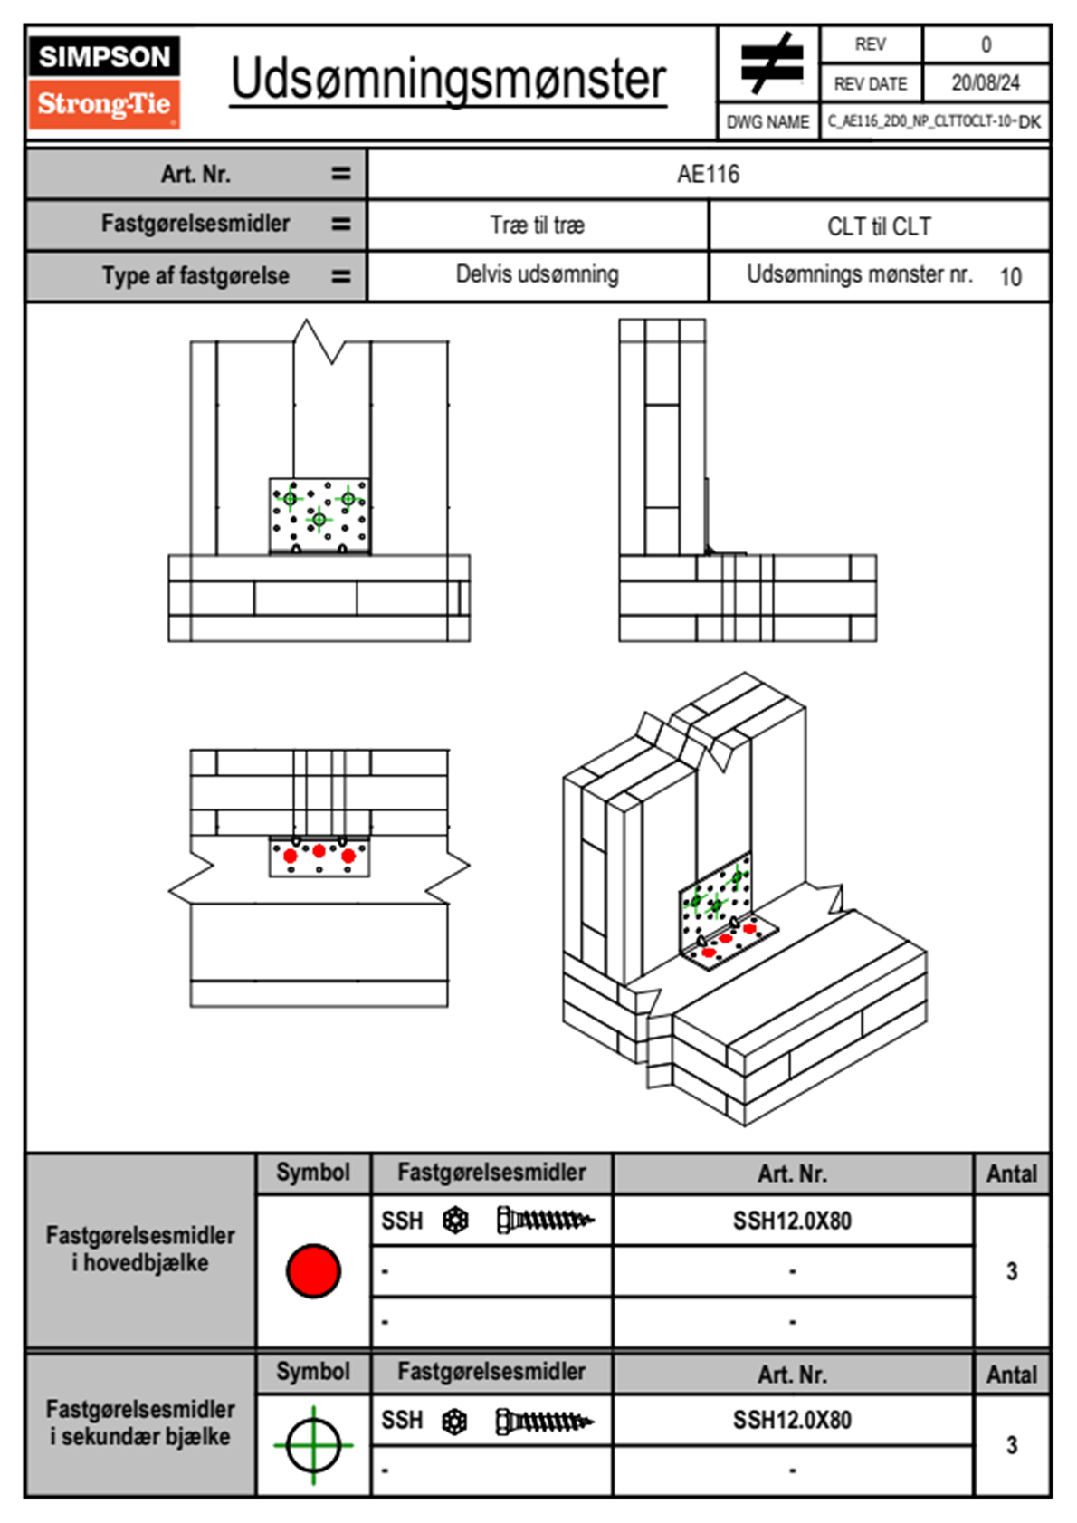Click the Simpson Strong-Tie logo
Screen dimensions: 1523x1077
(x=103, y=82)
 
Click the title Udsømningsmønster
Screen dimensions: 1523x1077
(x=448, y=80)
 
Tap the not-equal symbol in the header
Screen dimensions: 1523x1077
(x=769, y=64)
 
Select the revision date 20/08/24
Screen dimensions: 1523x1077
(x=985, y=83)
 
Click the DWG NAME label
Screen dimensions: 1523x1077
(x=767, y=122)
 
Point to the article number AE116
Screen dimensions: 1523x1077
(x=708, y=174)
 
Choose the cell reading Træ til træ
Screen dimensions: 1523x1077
(x=538, y=225)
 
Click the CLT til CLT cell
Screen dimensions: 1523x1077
(x=879, y=226)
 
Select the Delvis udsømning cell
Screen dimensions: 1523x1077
(x=538, y=274)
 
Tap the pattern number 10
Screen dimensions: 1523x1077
(x=1010, y=276)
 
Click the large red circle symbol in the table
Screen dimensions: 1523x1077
(x=313, y=1270)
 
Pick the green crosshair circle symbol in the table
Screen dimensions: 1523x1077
(x=313, y=1445)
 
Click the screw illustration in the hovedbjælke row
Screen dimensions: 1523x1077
(x=545, y=1221)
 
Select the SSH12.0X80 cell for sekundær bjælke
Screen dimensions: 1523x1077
(x=792, y=1420)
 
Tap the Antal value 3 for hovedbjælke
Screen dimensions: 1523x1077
(x=1012, y=1271)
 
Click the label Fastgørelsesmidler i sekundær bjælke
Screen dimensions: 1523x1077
(x=140, y=1422)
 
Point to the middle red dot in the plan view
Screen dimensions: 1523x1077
(x=319, y=850)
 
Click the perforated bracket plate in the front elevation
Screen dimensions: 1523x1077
(x=319, y=514)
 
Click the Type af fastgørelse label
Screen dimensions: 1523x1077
(x=195, y=276)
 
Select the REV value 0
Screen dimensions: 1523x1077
(x=986, y=44)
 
